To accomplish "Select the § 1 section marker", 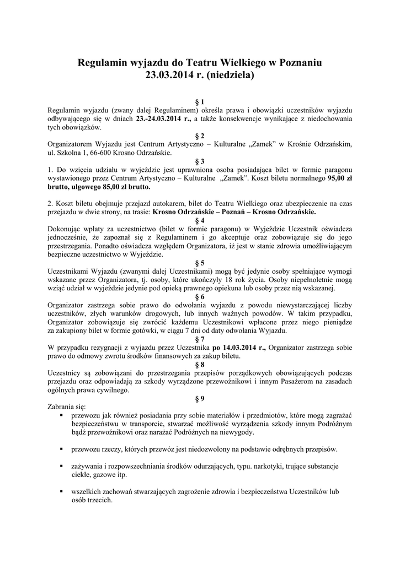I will (x=200, y=102).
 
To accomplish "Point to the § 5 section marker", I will (x=200, y=263).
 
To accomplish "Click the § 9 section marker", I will (x=200, y=398).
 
